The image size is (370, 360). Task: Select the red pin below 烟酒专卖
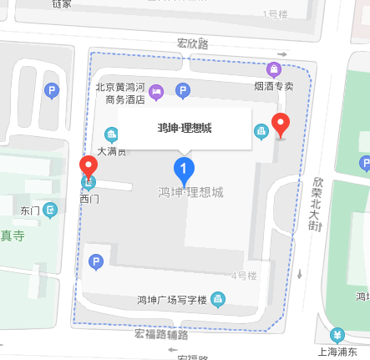(x=281, y=124)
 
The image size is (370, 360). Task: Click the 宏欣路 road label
(x=192, y=43)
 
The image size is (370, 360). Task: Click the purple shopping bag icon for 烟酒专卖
(x=273, y=69)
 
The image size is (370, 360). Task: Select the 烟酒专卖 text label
(x=274, y=85)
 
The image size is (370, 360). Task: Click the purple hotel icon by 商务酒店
(x=156, y=89)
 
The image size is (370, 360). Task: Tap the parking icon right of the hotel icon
(x=184, y=90)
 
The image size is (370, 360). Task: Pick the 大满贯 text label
(x=112, y=151)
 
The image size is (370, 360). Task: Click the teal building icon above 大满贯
(x=111, y=134)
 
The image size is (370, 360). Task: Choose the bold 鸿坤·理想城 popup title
(x=185, y=128)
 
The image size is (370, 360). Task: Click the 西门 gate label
(x=89, y=199)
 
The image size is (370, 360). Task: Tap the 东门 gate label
(x=30, y=210)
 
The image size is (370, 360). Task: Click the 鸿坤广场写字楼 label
(x=173, y=299)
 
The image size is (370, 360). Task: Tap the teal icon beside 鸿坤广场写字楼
(x=218, y=298)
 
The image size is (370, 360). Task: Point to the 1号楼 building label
(x=275, y=13)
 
